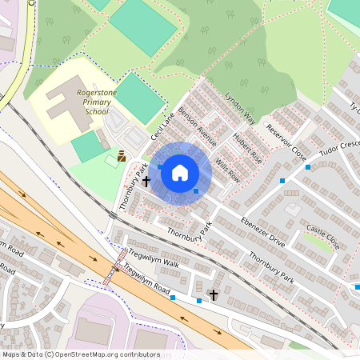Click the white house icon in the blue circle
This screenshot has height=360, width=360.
tap(180, 172)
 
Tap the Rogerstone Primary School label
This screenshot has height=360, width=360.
tap(91, 102)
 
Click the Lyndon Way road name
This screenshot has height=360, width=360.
tap(240, 107)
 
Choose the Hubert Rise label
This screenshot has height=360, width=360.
tap(247, 148)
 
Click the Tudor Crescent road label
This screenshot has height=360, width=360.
tap(341, 151)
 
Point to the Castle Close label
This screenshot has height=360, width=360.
tap(323, 237)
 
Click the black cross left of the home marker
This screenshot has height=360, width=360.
tap(146, 182)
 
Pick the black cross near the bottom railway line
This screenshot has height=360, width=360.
tap(213, 296)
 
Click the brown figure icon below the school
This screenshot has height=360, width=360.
tap(122, 156)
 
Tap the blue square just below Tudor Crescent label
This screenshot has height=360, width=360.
tap(308, 167)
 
